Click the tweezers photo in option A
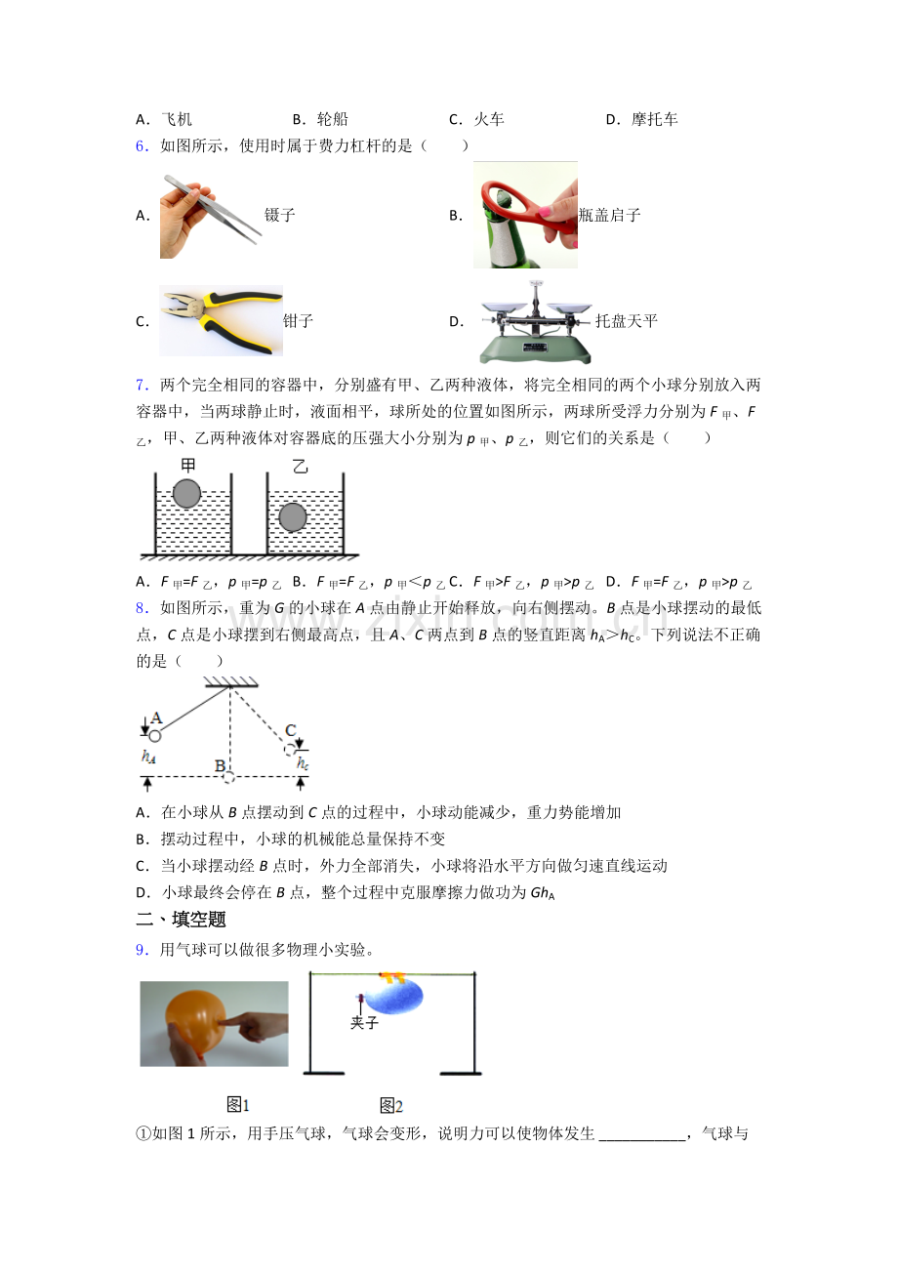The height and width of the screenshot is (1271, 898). [x=211, y=216]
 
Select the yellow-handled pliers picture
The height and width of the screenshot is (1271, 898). [x=221, y=320]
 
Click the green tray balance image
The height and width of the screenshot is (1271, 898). [x=536, y=322]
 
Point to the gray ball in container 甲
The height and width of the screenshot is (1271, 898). [x=186, y=493]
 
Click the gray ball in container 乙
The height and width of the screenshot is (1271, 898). [x=293, y=517]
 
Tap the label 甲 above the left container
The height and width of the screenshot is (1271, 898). [x=187, y=466]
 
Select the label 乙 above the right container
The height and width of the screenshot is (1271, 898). [x=300, y=467]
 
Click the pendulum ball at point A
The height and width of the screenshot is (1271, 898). [x=155, y=736]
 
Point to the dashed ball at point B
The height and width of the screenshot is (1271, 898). [x=228, y=777]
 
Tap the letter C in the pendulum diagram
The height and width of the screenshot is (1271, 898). [x=291, y=730]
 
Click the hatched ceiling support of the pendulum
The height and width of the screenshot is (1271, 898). [x=231, y=682]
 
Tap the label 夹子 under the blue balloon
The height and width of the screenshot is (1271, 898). [x=364, y=1022]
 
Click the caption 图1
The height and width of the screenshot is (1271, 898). [x=238, y=1104]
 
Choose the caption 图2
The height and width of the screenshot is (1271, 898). [x=390, y=1105]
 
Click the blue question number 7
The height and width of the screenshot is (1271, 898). [x=142, y=386]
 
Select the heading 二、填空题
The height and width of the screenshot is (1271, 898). [x=181, y=920]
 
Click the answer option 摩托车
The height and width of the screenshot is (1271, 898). [x=655, y=119]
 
